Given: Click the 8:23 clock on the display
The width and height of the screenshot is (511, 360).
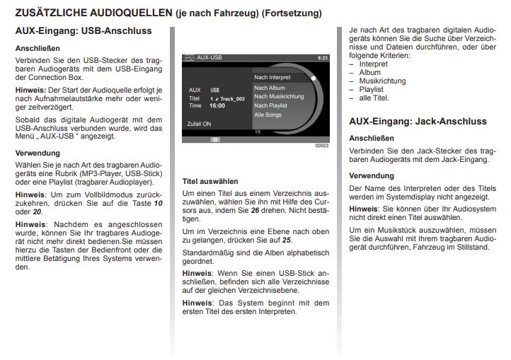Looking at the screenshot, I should point(322,57).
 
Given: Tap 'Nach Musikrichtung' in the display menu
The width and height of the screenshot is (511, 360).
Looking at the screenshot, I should point(279,96).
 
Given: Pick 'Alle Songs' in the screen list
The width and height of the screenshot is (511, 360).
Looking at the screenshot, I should point(268,114).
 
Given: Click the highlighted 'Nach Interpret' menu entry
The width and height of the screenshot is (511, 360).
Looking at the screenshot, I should point(273,76).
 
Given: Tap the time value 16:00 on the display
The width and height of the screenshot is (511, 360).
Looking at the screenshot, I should point(217,105).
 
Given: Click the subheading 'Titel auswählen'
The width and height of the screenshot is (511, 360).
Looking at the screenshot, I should point(210,181).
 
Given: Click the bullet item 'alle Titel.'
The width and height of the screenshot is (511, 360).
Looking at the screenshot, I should point(375,98).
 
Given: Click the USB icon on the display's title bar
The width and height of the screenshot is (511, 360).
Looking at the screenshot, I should point(189,57).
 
